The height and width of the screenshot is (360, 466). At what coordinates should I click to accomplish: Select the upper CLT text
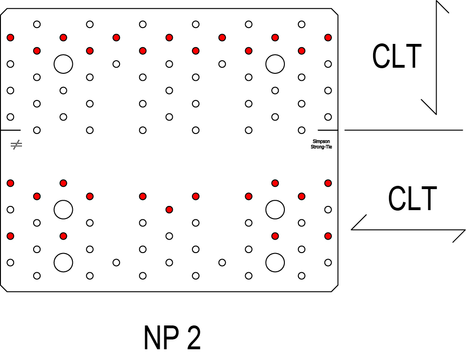click(397, 56)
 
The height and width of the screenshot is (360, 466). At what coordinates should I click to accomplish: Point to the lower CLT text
click(412, 198)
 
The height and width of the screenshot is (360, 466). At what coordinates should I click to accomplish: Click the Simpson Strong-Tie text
click(321, 144)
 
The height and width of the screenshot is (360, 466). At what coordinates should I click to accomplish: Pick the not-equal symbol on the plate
click(16, 145)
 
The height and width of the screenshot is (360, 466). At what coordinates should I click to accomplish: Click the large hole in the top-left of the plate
click(63, 64)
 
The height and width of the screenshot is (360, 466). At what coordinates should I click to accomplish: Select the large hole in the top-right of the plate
click(275, 64)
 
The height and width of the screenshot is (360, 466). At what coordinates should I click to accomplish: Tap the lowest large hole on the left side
click(63, 262)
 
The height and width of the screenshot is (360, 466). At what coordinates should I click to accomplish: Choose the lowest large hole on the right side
click(275, 262)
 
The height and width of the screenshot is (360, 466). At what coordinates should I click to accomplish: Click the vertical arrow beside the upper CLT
click(436, 58)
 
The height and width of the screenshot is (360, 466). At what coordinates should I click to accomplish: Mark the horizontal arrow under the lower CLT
click(409, 229)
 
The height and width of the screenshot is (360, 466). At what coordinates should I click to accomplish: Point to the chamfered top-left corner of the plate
click(4, 11)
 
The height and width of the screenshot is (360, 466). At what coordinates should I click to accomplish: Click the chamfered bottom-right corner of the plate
click(334, 288)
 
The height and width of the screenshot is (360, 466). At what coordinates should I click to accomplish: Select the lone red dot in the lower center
click(169, 210)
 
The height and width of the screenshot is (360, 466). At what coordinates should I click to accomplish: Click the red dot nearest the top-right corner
click(328, 37)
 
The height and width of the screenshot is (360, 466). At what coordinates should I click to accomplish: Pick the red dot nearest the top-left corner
click(10, 37)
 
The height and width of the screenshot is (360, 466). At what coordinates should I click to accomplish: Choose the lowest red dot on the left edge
click(10, 236)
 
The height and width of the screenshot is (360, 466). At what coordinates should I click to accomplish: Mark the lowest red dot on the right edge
click(328, 236)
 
